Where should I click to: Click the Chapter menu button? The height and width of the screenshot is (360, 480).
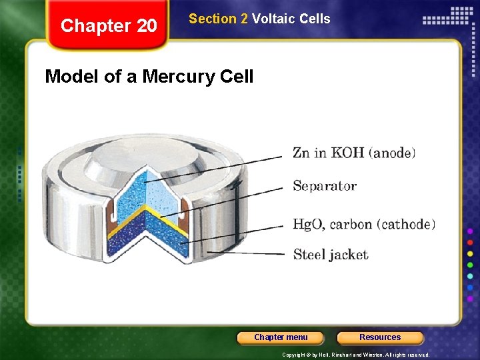(x=281, y=337)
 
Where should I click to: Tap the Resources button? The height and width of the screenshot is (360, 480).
(x=380, y=337)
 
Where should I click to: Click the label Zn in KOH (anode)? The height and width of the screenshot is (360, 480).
(x=354, y=153)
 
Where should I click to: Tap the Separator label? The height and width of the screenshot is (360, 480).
(x=325, y=186)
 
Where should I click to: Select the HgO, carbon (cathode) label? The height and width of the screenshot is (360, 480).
(x=364, y=224)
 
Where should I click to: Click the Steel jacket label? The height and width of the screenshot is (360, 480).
(x=331, y=254)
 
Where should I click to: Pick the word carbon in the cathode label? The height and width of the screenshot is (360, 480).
(x=353, y=225)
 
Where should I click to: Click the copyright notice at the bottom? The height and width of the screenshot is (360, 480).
(x=356, y=355)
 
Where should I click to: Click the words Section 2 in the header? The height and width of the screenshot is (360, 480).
(x=218, y=19)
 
